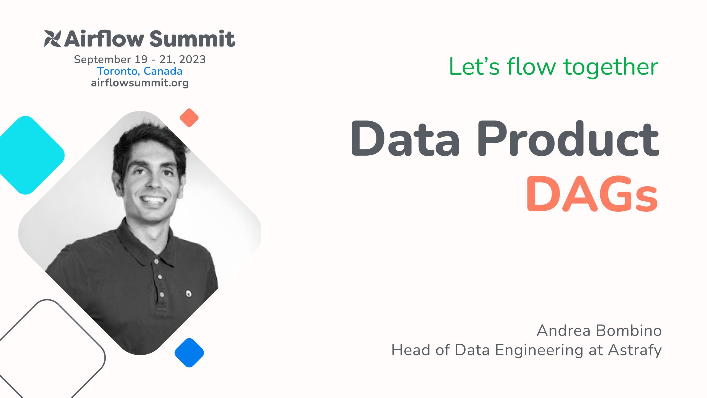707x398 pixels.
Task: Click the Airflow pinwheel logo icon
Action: (x=52, y=39)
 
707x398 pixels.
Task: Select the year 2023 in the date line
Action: (x=192, y=59)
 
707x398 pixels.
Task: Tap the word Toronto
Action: (x=117, y=71)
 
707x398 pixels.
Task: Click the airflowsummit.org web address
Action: (x=140, y=83)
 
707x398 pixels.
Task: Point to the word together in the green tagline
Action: (x=611, y=67)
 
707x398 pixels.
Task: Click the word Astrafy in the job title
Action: (x=635, y=350)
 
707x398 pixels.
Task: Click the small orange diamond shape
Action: (x=189, y=118)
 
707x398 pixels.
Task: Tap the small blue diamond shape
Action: (x=189, y=353)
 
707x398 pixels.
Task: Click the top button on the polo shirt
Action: (x=157, y=261)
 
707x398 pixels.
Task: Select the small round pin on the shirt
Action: (x=189, y=293)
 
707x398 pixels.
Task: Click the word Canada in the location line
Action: (x=163, y=71)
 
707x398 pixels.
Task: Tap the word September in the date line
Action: (x=102, y=59)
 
